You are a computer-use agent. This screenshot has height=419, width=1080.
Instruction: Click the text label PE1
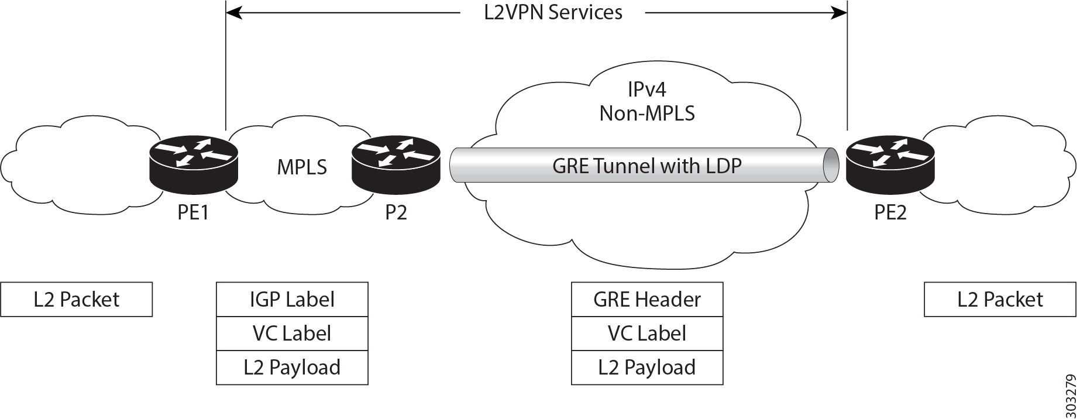tap(193, 212)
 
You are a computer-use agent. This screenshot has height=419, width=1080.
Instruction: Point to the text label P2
tap(395, 212)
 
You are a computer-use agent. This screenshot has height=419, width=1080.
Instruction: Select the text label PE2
tap(890, 212)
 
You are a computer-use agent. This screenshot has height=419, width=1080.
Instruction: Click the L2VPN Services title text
tap(553, 12)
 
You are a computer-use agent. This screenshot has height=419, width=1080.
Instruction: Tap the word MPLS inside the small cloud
tap(301, 167)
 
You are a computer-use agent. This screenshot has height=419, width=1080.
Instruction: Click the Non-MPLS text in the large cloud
tap(646, 113)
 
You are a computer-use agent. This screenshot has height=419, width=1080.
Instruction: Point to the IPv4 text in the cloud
tap(646, 90)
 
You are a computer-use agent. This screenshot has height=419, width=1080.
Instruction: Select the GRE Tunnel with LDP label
tap(646, 166)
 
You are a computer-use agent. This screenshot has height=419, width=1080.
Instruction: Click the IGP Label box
tap(292, 300)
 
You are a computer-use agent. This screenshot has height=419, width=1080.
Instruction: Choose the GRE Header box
tap(646, 300)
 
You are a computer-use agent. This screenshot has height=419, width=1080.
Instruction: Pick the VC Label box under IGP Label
tap(292, 334)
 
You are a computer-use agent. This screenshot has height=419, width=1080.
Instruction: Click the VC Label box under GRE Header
tap(646, 334)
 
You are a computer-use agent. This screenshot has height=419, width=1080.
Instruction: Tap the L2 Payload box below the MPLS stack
tap(292, 368)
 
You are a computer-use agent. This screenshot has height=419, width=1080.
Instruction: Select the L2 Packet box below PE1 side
tap(76, 300)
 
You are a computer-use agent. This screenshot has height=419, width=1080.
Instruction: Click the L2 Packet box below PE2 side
tap(1000, 300)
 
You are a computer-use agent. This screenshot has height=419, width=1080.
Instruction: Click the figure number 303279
tap(1070, 393)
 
